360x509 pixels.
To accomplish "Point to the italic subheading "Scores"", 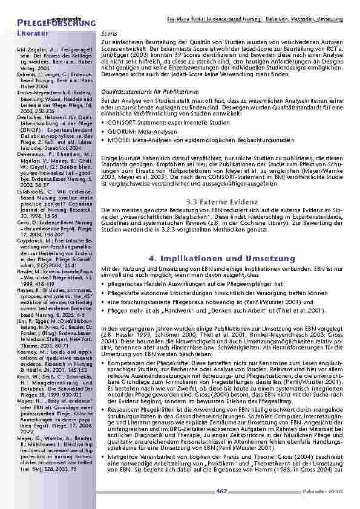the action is (109, 34).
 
